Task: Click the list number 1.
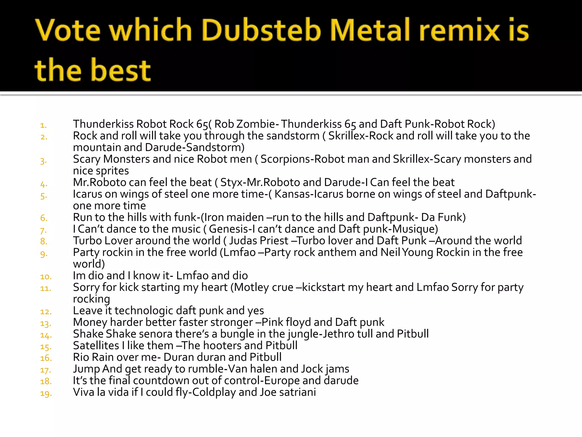click(43, 125)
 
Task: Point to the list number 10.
click(46, 277)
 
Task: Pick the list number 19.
click(46, 394)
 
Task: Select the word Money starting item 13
click(90, 322)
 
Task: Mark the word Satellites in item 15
click(96, 346)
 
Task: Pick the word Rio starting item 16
click(81, 357)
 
